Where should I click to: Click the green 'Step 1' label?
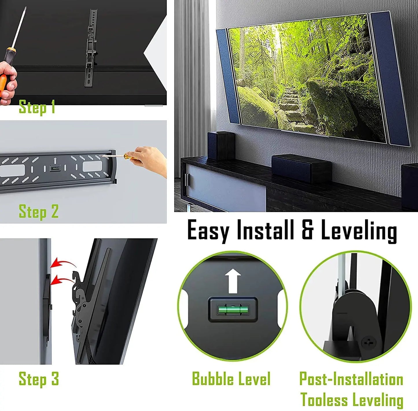[x=37, y=107]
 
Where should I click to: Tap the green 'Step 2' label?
[x=38, y=211]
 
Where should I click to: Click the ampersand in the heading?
[x=307, y=230]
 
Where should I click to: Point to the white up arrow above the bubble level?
[x=233, y=281]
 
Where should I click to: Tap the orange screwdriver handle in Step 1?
[x=6, y=74]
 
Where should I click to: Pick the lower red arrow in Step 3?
[x=62, y=279]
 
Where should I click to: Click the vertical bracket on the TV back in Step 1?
[x=91, y=49]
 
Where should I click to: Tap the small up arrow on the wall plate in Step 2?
[x=55, y=161]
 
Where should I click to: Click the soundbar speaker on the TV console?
[x=301, y=168]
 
